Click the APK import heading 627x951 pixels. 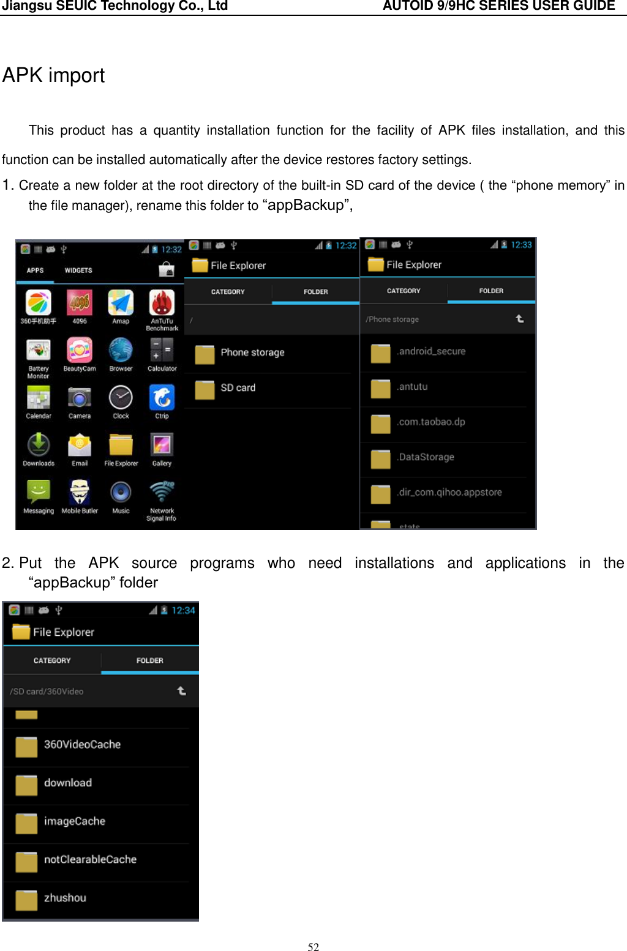[x=54, y=75]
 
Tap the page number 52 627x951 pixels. [x=313, y=947]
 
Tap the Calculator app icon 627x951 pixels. [x=162, y=351]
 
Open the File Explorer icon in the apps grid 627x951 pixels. [x=121, y=446]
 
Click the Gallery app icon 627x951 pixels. [x=162, y=446]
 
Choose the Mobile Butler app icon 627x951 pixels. [x=80, y=493]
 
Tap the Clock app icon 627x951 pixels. [x=121, y=398]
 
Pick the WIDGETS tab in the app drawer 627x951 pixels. [x=78, y=270]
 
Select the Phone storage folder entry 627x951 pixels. [x=252, y=352]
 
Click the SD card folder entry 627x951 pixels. [x=238, y=388]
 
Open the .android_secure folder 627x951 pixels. [x=431, y=351]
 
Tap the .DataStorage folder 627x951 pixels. [x=426, y=457]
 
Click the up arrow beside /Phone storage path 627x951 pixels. [x=519, y=319]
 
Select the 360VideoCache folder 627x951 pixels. [x=82, y=745]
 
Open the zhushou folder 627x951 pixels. [x=65, y=898]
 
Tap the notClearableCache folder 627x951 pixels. [x=90, y=860]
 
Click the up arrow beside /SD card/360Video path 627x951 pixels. [x=181, y=691]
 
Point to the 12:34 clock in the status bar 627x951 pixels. [x=183, y=610]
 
